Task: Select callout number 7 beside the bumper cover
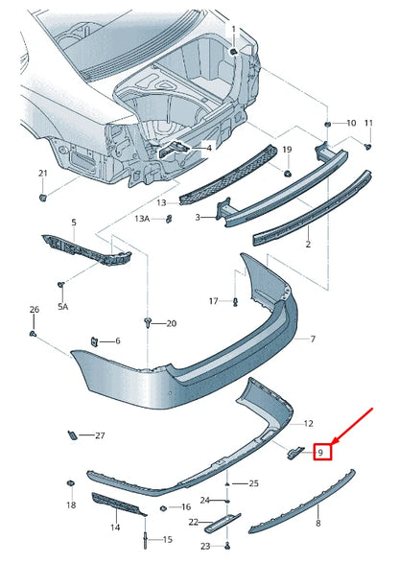tap(312, 340)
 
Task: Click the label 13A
tap(142, 219)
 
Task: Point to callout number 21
tap(42, 173)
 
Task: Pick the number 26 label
tap(35, 310)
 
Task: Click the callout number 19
tap(286, 150)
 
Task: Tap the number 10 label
tap(350, 123)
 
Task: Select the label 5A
tap(63, 307)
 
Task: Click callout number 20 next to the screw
tap(172, 323)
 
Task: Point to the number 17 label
tap(214, 301)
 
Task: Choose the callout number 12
tap(308, 423)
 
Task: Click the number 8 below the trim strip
tap(318, 525)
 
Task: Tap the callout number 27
tap(99, 435)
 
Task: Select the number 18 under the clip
tap(70, 504)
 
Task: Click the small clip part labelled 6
tap(95, 340)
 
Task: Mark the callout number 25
tap(253, 482)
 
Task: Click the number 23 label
tap(205, 546)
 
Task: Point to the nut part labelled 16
tap(164, 505)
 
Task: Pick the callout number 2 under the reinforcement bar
tap(308, 245)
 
